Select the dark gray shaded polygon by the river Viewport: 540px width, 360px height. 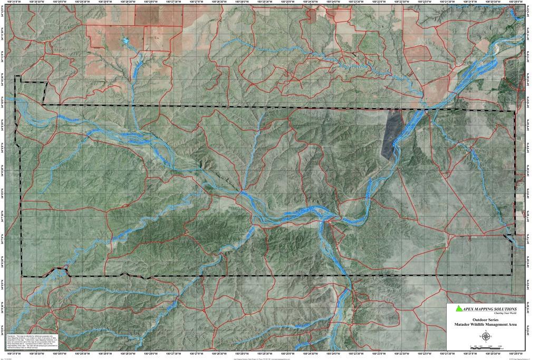coord(391,132)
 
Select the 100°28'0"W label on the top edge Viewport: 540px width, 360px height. coord(151,3)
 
